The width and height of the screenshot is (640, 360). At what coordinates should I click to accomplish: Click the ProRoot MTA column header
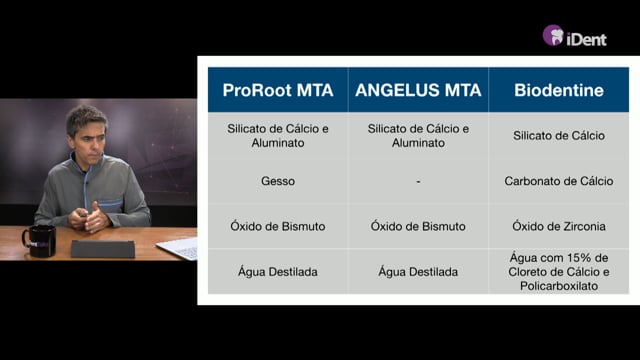(x=278, y=90)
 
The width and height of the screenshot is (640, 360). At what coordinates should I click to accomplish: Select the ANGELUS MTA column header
(x=418, y=90)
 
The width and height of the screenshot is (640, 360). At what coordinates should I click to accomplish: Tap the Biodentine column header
(x=559, y=90)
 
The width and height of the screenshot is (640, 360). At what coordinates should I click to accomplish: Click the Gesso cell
(x=278, y=181)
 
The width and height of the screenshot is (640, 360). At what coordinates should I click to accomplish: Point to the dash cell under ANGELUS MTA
(x=418, y=181)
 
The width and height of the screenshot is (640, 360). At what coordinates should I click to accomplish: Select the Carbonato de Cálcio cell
(x=559, y=181)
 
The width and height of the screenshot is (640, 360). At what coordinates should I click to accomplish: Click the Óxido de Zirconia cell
(x=559, y=226)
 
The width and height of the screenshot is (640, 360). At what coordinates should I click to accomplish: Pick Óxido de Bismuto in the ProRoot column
(x=278, y=226)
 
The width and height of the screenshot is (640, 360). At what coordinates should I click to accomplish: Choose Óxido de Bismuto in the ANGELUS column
(x=418, y=226)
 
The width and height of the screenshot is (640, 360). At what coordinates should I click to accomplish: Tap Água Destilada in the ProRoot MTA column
(x=278, y=271)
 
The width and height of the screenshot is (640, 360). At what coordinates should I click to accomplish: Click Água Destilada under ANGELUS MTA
(x=418, y=271)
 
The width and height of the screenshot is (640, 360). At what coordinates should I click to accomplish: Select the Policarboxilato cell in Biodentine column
(x=559, y=272)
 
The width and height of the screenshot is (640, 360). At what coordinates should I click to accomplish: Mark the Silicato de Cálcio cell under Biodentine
(x=559, y=136)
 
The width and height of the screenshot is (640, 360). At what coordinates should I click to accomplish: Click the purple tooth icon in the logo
(x=553, y=35)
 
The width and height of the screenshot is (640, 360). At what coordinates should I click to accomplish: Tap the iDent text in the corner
(x=587, y=39)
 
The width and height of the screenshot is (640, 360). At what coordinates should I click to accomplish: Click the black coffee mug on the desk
(x=39, y=241)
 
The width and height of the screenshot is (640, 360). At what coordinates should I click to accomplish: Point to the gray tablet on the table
(x=103, y=249)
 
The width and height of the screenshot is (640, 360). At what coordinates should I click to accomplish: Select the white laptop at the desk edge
(x=177, y=248)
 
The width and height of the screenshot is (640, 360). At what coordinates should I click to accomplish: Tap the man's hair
(x=86, y=118)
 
